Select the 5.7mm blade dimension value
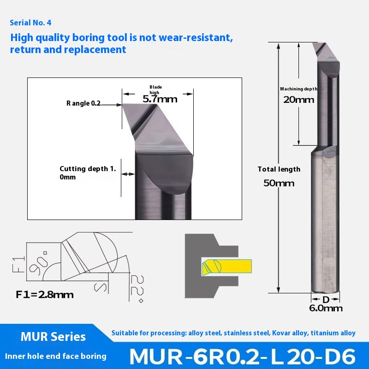point(160,98)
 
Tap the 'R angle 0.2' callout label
point(83,103)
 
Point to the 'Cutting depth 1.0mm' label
point(87,173)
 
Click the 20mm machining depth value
point(298,100)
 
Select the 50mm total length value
point(279,183)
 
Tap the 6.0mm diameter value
point(326,308)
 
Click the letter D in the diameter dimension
point(326,299)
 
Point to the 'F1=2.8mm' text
point(45,294)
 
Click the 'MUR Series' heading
point(47,336)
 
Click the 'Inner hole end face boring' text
point(55,356)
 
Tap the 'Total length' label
point(279,169)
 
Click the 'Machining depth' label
point(298,89)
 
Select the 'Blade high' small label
point(155,89)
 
